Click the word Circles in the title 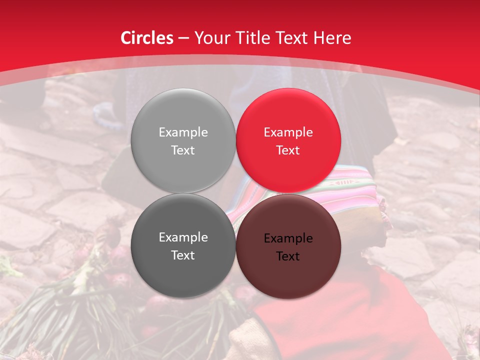[147, 38]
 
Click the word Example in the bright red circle [288, 132]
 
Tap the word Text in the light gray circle [183, 150]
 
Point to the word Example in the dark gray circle [183, 237]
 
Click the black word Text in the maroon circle [288, 256]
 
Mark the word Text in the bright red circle [288, 150]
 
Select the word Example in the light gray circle [183, 132]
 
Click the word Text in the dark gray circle [183, 255]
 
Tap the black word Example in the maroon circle [288, 238]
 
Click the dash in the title [183, 38]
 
